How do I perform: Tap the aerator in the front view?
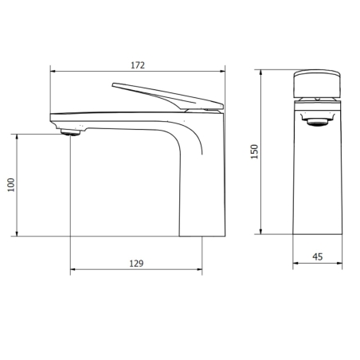coord(318,121)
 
